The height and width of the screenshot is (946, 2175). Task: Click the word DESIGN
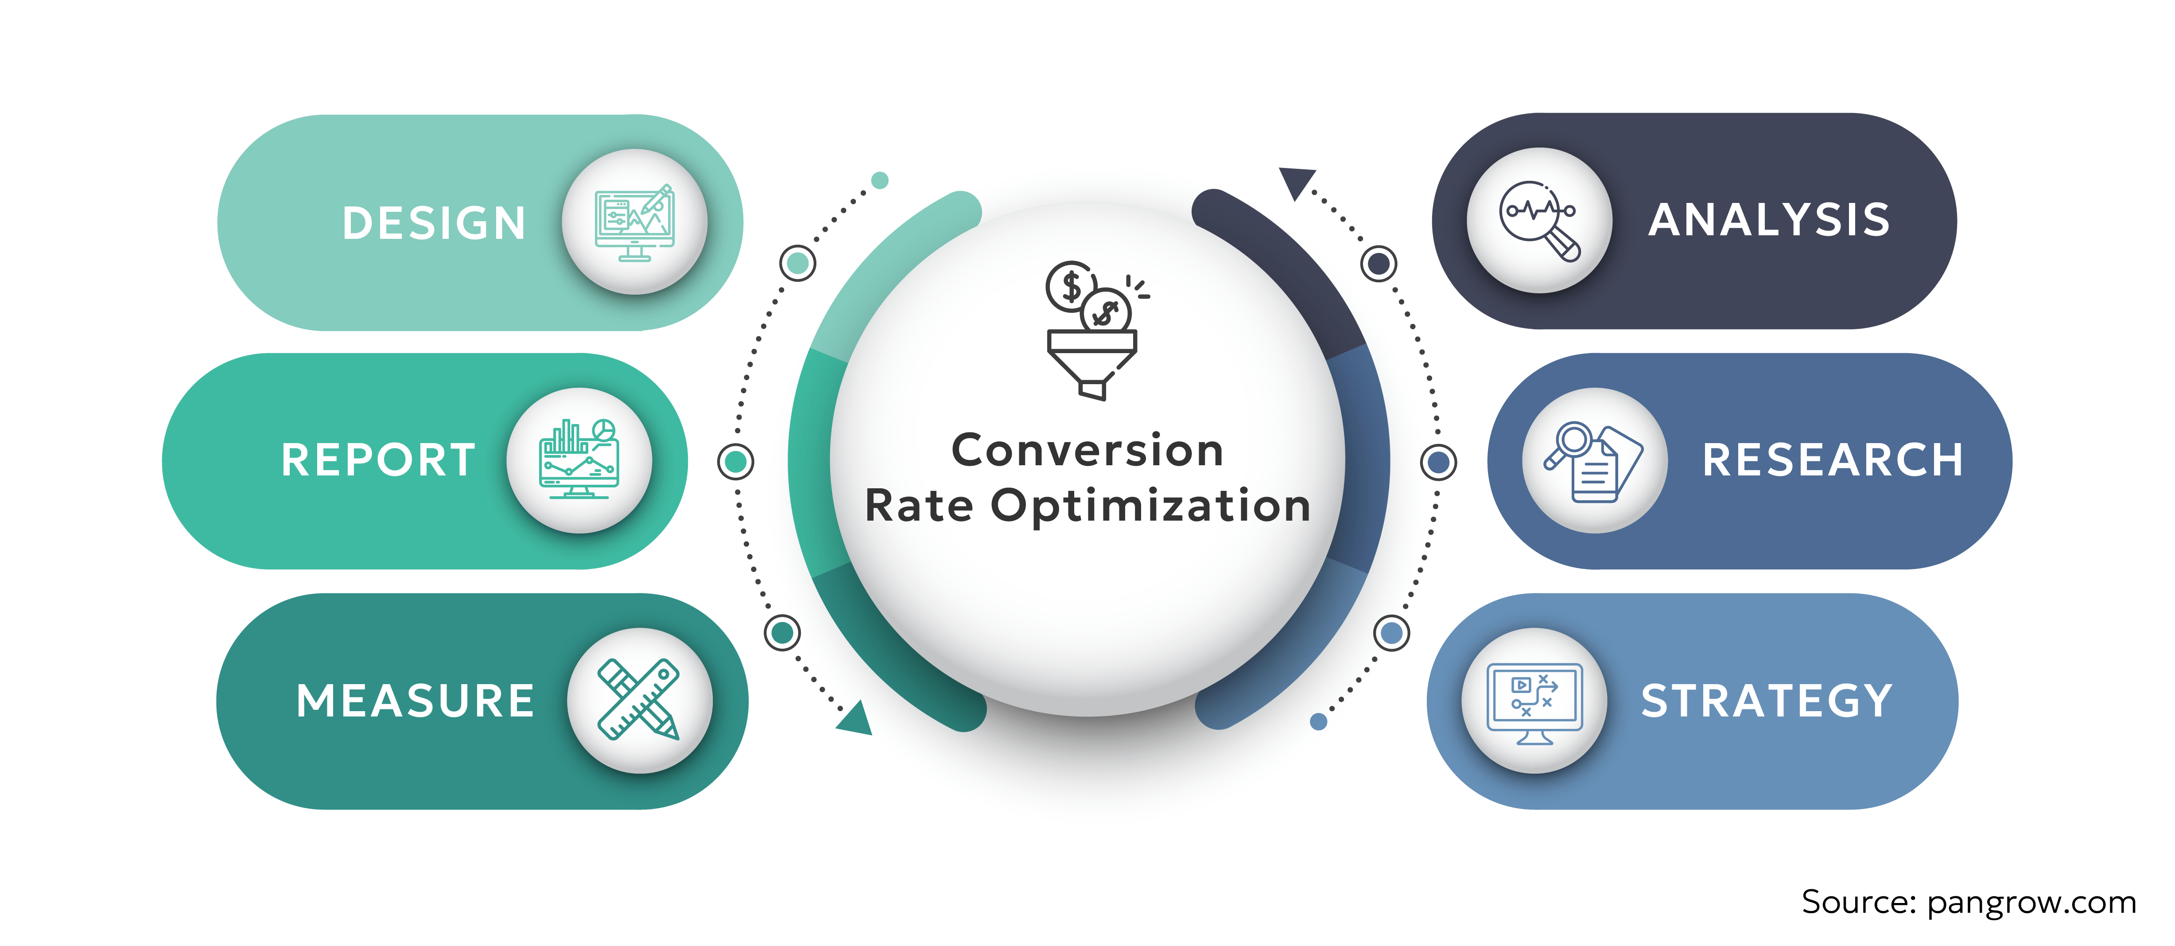[434, 223]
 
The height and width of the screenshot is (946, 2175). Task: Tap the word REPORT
[378, 460]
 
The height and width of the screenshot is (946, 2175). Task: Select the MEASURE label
[416, 701]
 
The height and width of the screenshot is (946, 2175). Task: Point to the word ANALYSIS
[1769, 221]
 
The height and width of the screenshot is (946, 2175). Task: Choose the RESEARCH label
[1832, 460]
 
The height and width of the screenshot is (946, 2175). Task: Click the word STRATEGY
[1766, 701]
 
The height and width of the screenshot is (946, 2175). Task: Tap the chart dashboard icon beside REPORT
[579, 460]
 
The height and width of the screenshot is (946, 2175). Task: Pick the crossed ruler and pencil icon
[639, 700]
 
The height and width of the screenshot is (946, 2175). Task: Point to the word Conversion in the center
[1087, 450]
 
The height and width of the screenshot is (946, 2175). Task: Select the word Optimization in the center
[1151, 506]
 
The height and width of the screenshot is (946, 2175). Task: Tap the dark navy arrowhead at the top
[1295, 182]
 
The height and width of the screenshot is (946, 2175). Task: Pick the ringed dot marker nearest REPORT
[735, 461]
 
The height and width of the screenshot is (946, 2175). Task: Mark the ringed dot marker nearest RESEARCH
[1438, 462]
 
